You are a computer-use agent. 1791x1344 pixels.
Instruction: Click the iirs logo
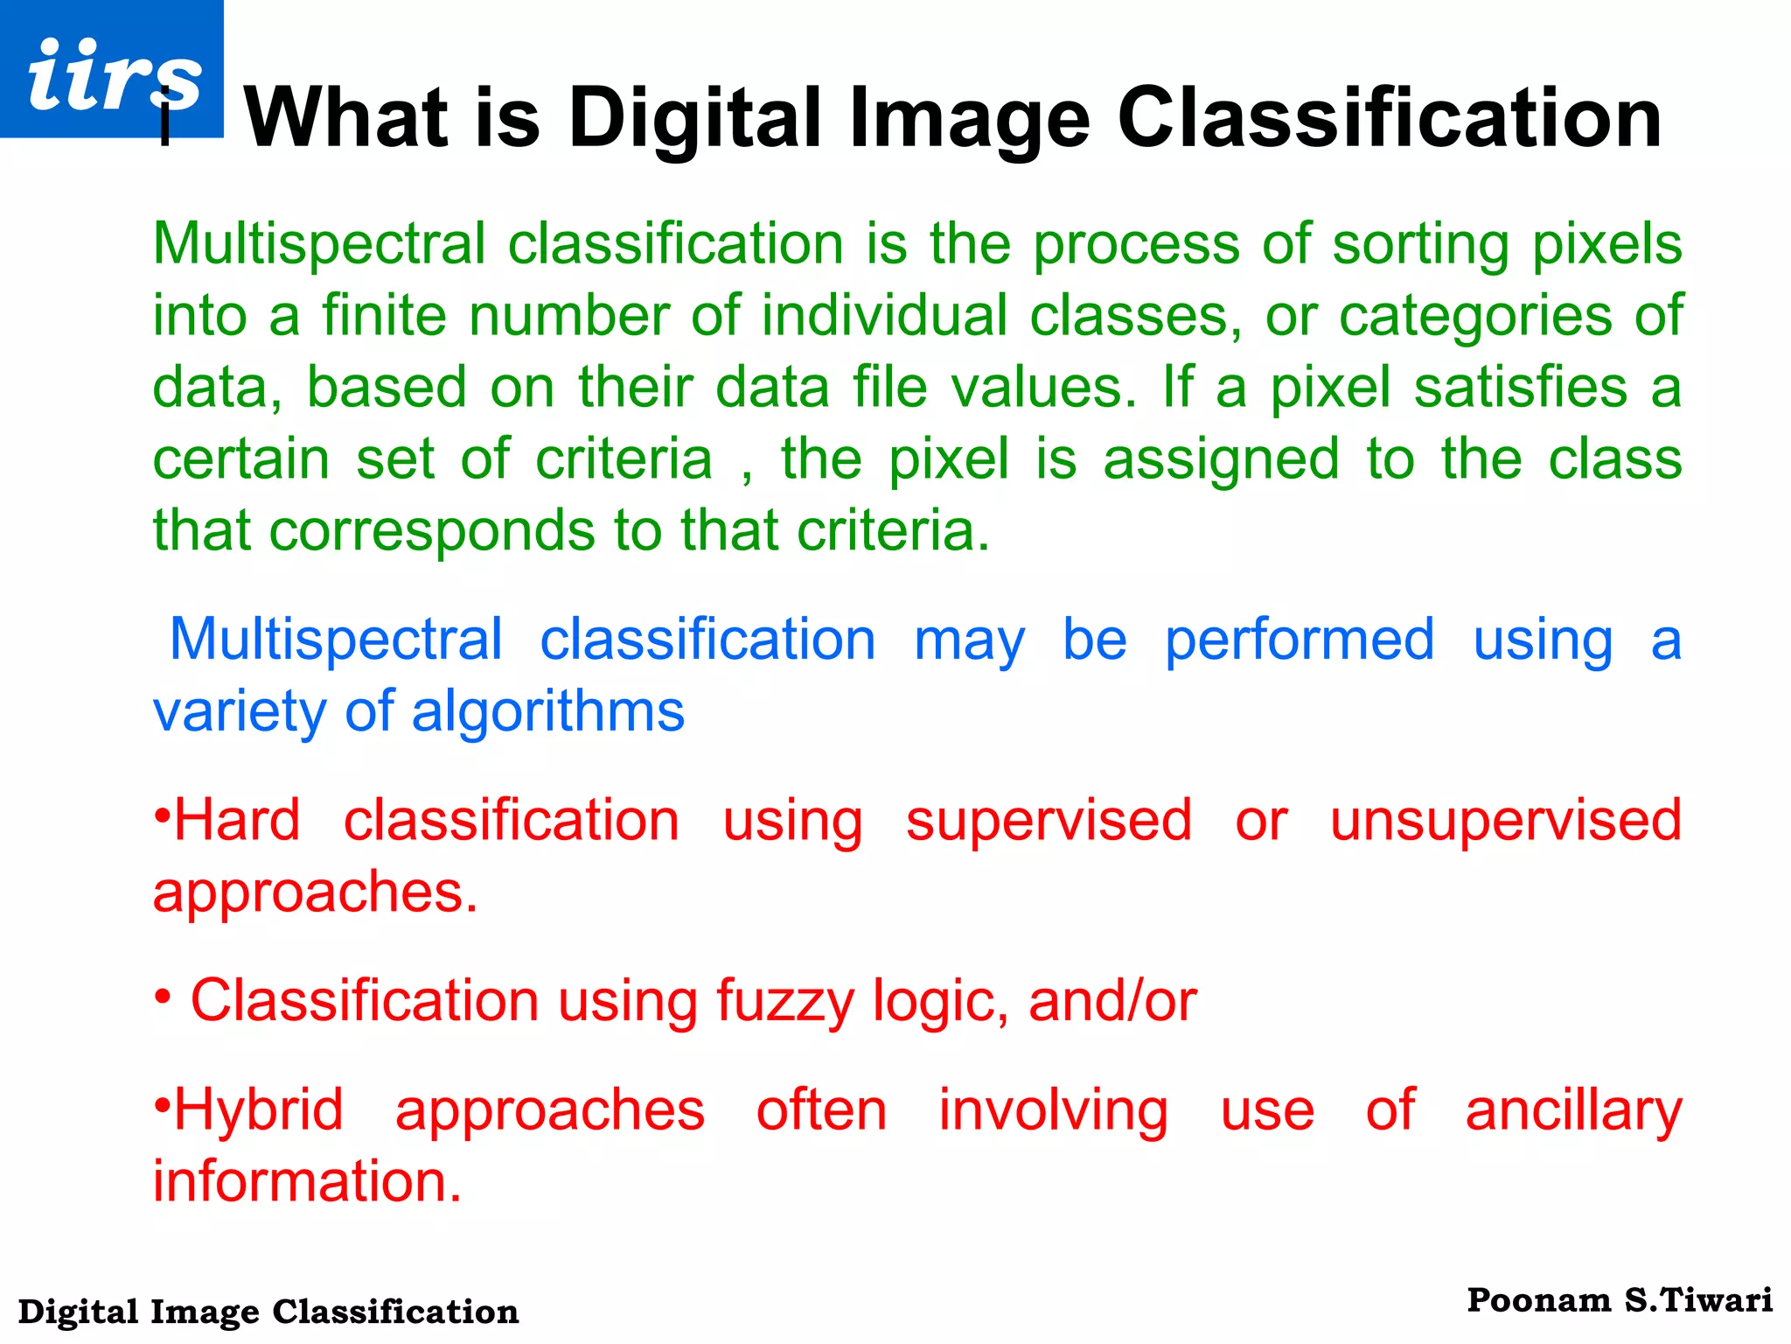coord(112,70)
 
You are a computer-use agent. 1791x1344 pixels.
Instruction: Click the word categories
coord(1475,317)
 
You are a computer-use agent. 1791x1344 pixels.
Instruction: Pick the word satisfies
coord(1521,388)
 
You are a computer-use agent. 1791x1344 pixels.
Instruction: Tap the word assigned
coord(1221,460)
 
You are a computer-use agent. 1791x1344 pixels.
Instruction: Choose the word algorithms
coord(548,712)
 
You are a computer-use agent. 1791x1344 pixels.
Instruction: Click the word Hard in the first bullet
coord(237,821)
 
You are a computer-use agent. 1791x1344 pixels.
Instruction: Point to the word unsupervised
coord(1505,822)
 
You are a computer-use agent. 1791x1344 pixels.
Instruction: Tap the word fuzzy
coord(784,1002)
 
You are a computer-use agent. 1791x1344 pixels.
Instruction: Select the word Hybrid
coord(259,1111)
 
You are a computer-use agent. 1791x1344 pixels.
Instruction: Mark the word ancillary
coord(1573,1111)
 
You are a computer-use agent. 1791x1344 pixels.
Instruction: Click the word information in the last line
coord(307,1182)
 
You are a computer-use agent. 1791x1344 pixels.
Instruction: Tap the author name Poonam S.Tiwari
coord(1620,1301)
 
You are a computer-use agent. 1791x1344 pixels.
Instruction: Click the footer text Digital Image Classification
coord(268,1312)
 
